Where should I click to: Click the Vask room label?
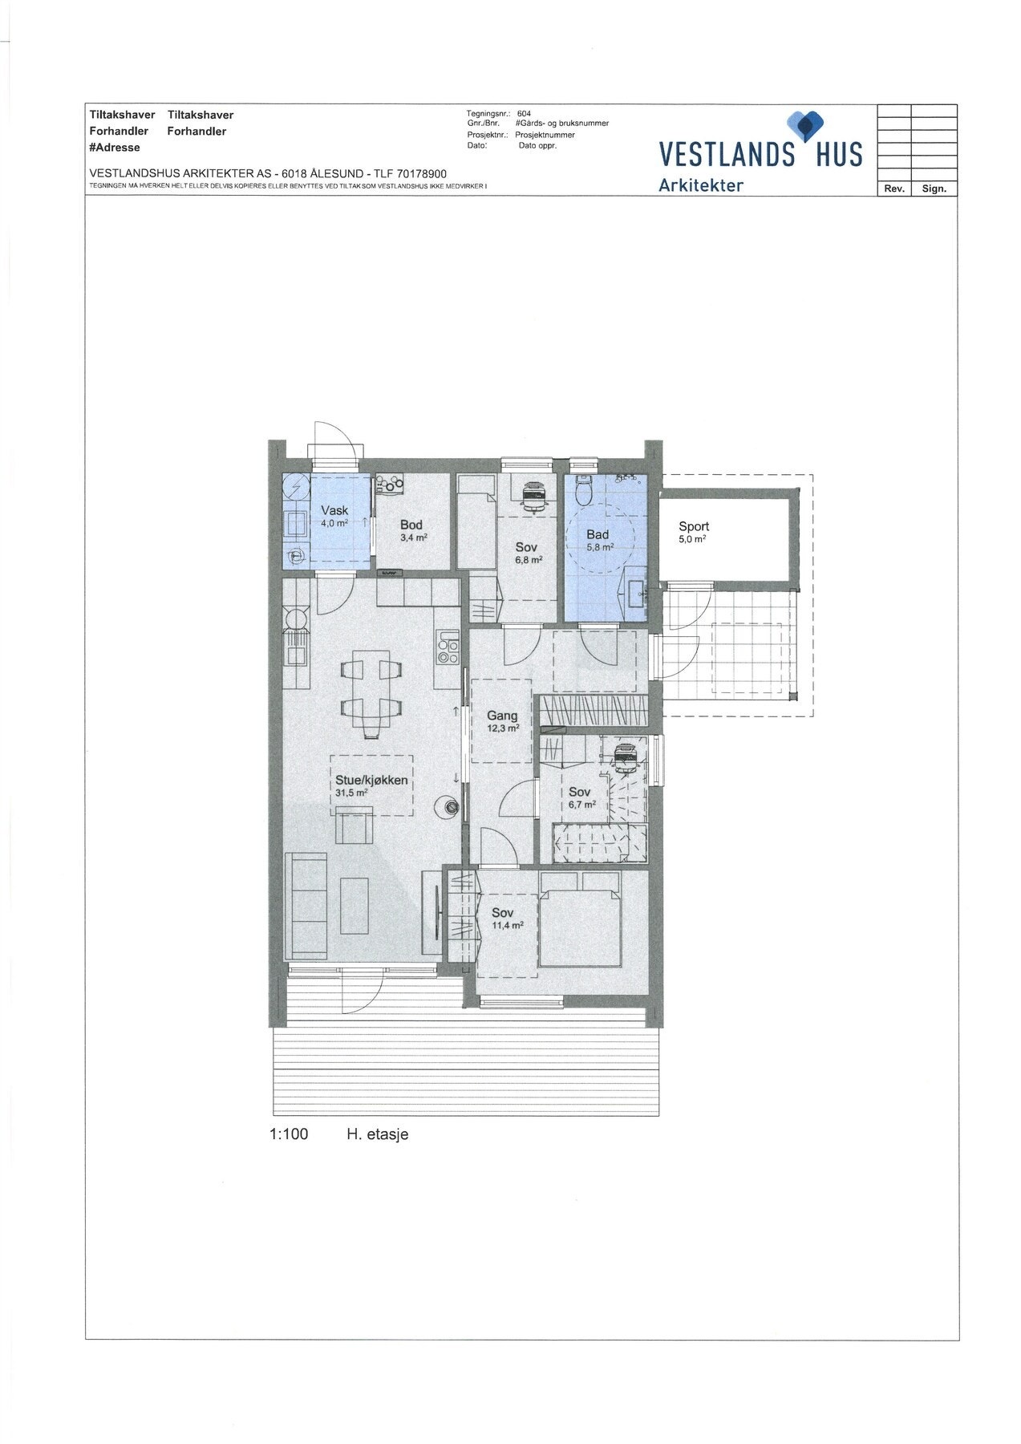coord(334,510)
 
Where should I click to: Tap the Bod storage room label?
coord(411,525)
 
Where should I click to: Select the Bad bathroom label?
coord(598,534)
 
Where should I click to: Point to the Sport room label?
coord(694,526)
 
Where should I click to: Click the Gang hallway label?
coord(503,716)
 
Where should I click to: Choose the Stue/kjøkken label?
coord(371,780)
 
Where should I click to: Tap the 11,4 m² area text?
coord(507,925)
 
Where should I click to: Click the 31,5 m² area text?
coord(351,793)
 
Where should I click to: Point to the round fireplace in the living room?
coord(450,807)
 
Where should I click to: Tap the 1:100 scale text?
coord(289,1134)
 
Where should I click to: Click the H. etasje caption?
coord(378,1134)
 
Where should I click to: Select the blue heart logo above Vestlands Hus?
coord(805,125)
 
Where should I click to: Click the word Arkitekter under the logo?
coord(701,185)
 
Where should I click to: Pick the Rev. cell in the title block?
coord(894,189)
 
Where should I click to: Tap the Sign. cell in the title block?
coord(934,189)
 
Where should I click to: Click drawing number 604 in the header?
coord(524,114)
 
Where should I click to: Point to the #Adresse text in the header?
coord(115,148)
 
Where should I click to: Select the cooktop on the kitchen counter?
coord(448,647)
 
